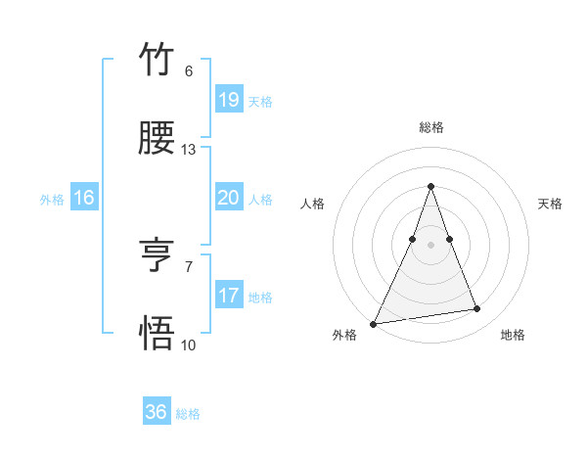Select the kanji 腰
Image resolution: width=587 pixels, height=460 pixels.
pos(158,140)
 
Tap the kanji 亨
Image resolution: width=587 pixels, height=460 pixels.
pos(158,256)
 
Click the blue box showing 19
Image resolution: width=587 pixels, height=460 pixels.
pos(228,100)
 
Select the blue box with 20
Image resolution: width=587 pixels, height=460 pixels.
pos(228,198)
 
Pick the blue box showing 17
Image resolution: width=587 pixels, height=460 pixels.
pos(228,296)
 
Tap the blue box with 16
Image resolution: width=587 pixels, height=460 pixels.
pos(84,199)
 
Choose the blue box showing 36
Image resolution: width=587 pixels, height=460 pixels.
pos(157,412)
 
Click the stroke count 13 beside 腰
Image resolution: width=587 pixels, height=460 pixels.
pos(189,150)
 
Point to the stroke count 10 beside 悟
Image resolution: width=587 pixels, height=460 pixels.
pos(189,345)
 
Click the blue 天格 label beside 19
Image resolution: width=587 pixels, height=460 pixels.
pos(260,102)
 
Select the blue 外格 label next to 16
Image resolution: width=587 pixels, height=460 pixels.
pos(52,200)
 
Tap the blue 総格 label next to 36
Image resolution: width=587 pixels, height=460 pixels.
pos(188,414)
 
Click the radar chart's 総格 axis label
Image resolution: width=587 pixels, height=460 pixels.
pos(430,127)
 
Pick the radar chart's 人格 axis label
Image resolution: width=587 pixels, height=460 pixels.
pos(312,204)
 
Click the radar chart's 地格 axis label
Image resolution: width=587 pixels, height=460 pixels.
pos(513,335)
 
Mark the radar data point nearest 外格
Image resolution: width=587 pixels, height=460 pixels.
pos(374,323)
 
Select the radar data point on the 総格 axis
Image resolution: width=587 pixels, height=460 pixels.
pos(430,186)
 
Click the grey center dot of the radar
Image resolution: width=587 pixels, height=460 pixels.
pos(430,245)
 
